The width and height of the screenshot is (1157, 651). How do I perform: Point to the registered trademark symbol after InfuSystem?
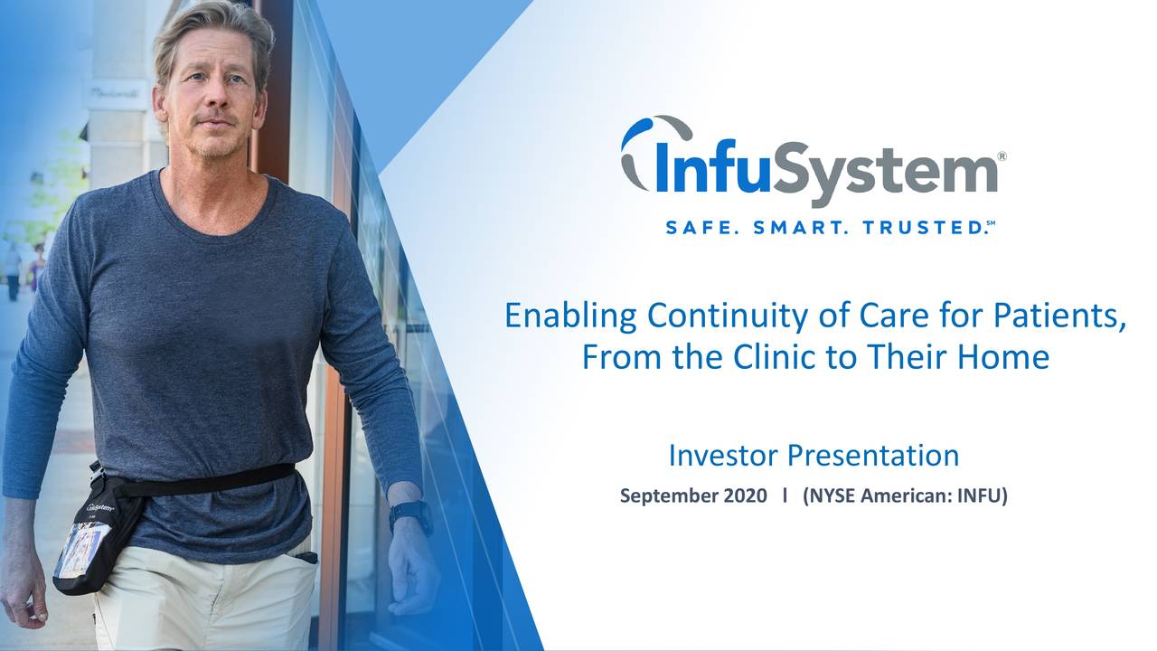coord(1002,157)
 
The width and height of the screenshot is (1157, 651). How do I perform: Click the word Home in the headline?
coord(1006,357)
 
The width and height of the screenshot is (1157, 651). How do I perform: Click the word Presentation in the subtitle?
coord(874,456)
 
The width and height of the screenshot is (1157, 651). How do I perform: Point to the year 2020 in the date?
coord(747,496)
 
